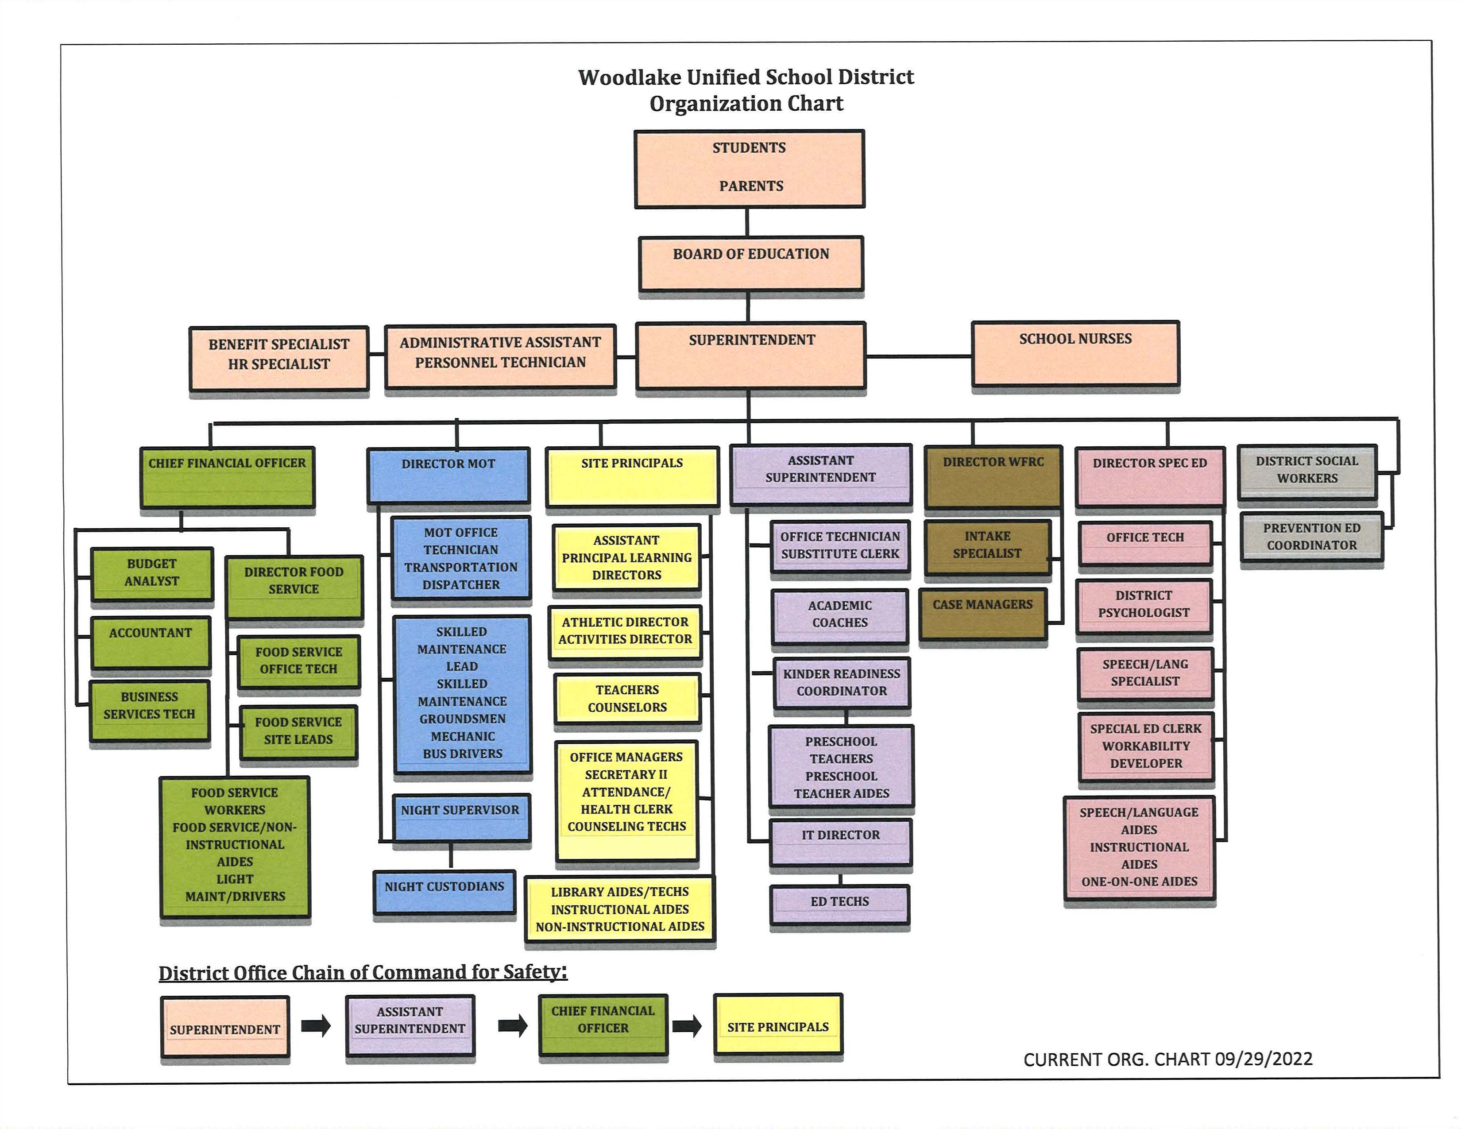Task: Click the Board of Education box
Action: [750, 263]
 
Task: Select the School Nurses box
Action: [1075, 353]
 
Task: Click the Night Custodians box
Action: [444, 892]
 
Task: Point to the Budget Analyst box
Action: [152, 573]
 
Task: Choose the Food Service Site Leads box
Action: [298, 731]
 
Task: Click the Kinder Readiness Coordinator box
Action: [842, 683]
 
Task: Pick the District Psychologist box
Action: [1144, 605]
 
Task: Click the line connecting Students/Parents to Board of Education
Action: [747, 222]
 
